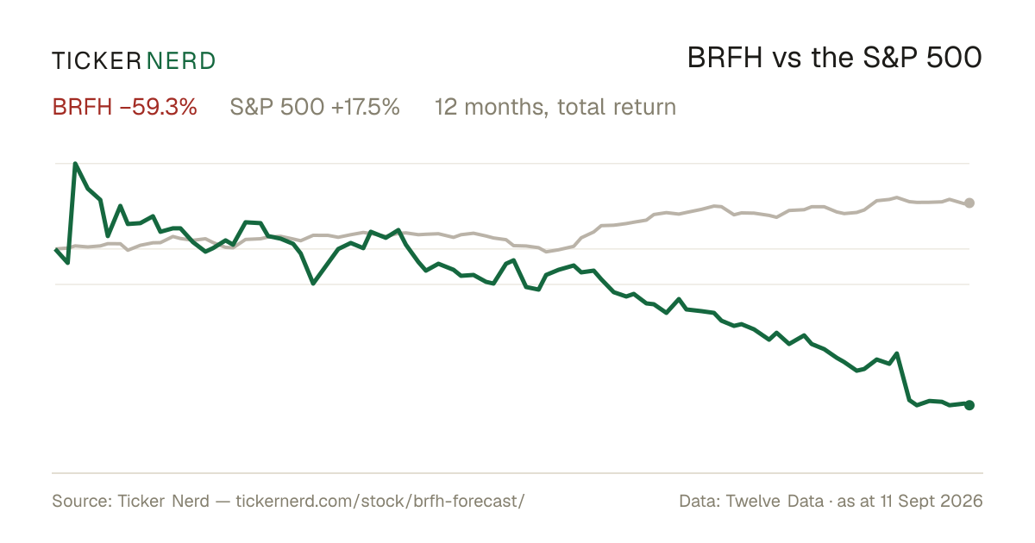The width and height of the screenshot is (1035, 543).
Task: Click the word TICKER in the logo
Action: point(97,61)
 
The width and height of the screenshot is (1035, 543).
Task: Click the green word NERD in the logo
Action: point(181,61)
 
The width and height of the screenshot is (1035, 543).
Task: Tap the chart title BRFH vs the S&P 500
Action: point(835,58)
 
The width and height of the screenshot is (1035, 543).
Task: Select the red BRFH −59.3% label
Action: point(125,107)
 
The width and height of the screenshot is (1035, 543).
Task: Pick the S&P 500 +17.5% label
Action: point(315,107)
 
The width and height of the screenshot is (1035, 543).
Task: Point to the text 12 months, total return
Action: point(555,108)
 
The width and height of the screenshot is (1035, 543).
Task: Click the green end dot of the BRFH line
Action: point(969,405)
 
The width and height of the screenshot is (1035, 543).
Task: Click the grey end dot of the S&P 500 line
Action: point(969,203)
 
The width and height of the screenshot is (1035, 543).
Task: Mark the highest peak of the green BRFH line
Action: point(75,163)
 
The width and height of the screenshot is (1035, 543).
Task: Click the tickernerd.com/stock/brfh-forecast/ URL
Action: point(380,501)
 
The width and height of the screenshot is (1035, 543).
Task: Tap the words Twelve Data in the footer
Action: point(775,501)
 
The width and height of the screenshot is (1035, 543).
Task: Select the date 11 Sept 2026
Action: point(931,501)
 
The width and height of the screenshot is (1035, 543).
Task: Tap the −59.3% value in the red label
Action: point(159,107)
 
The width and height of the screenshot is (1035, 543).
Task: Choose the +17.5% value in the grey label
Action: point(366,107)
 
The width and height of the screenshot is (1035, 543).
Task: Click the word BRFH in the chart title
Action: point(724,58)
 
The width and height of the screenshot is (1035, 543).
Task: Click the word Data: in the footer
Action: point(699,501)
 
